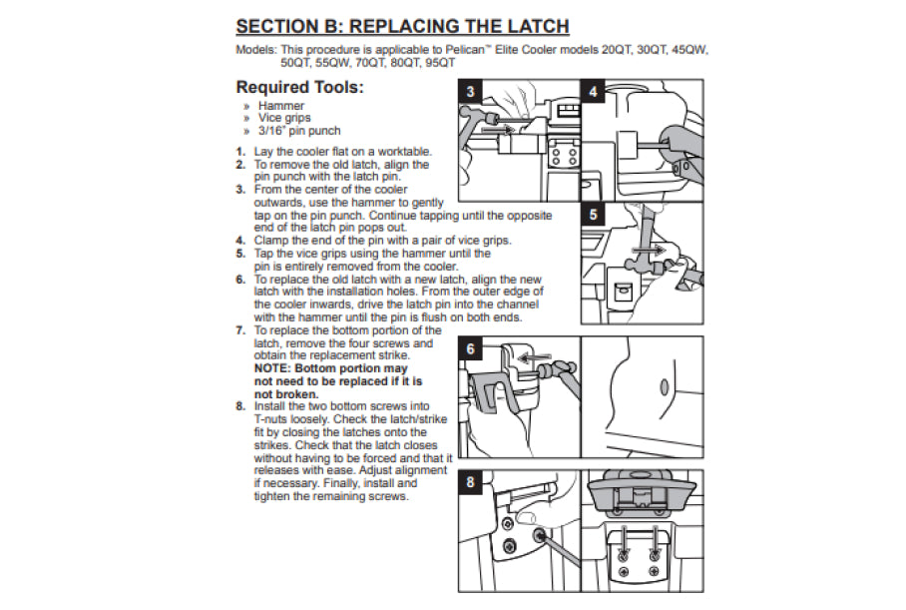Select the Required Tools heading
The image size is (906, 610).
(299, 87)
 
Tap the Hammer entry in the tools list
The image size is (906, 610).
(281, 105)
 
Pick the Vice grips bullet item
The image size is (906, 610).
(284, 118)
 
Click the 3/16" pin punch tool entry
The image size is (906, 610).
(299, 131)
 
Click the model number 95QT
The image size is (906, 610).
(440, 61)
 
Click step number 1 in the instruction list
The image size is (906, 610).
(240, 152)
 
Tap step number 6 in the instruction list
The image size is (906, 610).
(240, 281)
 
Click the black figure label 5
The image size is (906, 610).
(595, 214)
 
